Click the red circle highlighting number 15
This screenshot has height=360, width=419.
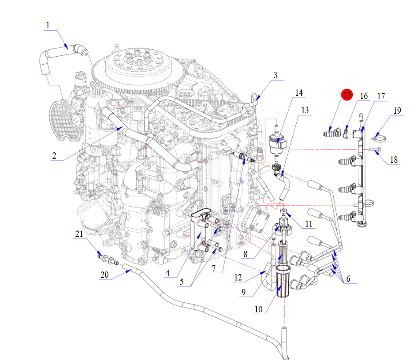[347, 95]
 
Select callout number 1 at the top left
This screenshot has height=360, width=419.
[48, 26]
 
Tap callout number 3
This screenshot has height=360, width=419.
[276, 76]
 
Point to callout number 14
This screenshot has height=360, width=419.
[299, 93]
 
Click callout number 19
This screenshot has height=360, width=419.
[397, 111]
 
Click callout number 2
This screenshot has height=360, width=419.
[54, 156]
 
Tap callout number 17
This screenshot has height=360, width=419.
[381, 96]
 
